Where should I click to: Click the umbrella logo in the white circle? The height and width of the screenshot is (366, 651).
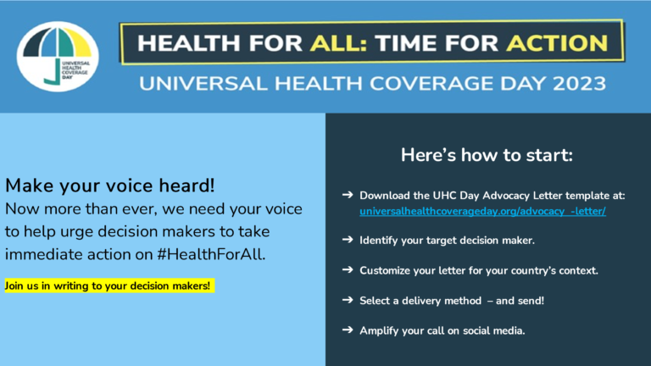pos(58,56)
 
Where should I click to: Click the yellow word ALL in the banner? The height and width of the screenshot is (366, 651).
pos(338,43)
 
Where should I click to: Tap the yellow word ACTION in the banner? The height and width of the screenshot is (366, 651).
pos(557,43)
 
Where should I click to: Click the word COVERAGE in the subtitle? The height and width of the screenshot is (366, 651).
pos(431,83)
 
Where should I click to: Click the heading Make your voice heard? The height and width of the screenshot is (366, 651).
pos(110,186)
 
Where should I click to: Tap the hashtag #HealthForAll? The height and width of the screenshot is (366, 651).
pos(211,254)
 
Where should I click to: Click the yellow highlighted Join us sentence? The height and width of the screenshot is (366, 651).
pos(109,286)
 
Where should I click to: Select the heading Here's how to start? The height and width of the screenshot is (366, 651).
pos(487,155)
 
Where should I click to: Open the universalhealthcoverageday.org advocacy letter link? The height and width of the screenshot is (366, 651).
pos(482,211)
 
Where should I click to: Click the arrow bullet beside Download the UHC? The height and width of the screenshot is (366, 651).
pos(348,195)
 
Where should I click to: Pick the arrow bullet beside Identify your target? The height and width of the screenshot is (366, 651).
pos(348,240)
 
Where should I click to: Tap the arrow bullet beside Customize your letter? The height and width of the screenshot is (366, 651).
pos(348,269)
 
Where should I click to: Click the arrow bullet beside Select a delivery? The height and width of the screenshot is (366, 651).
pos(348,300)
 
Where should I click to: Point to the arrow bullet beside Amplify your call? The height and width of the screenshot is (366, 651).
pos(348,330)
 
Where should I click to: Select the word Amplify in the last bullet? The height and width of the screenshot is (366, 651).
pos(376,330)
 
